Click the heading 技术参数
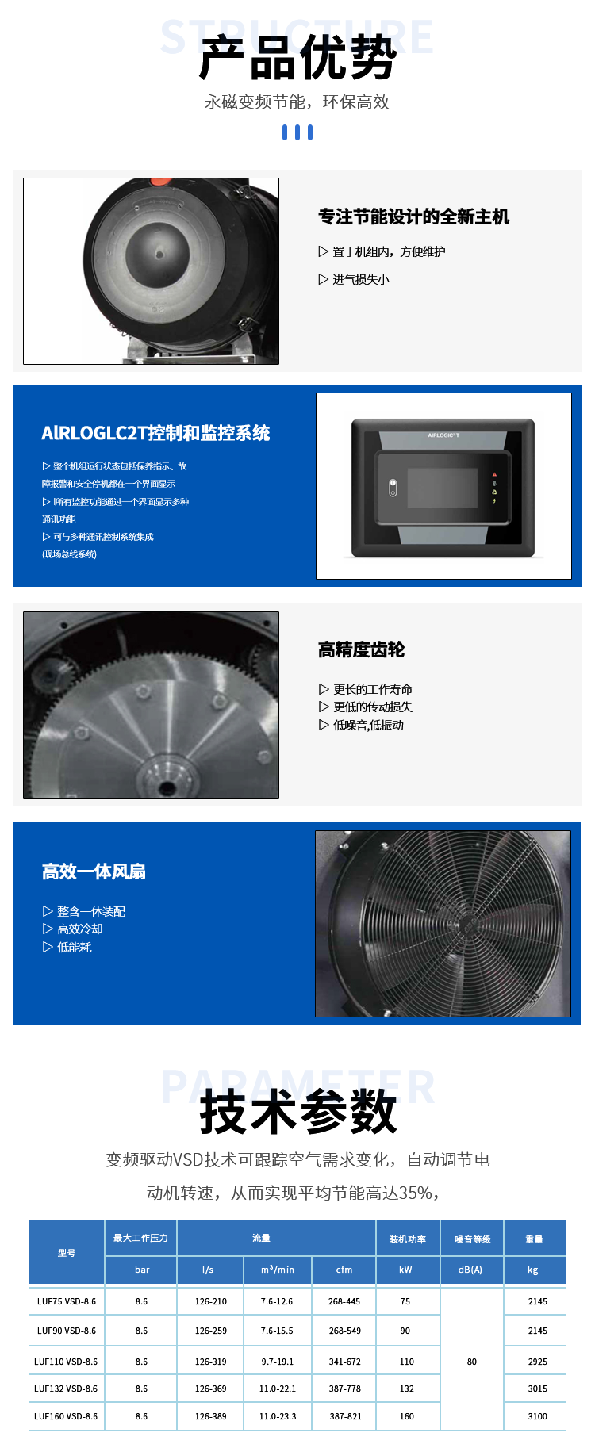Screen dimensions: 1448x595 tap(297, 1112)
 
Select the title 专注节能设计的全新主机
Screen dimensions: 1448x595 tap(413, 216)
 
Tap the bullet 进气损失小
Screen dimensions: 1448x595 tap(360, 279)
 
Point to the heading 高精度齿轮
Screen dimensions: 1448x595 tap(361, 649)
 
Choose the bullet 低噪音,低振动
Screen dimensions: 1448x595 tap(368, 725)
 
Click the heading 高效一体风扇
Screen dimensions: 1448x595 tap(94, 871)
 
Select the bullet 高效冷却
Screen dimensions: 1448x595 tap(79, 929)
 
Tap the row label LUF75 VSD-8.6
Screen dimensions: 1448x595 tap(67, 1301)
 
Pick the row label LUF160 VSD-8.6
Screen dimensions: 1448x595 tap(66, 1416)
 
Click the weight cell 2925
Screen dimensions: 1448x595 tap(537, 1362)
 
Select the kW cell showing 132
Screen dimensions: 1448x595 tap(407, 1389)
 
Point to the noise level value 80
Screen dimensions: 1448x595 tap(472, 1362)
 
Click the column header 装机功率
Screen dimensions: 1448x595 tap(407, 1239)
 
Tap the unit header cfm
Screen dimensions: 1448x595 tap(344, 1270)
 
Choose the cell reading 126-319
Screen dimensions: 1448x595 tap(211, 1362)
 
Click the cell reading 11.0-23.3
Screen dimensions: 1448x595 tap(278, 1416)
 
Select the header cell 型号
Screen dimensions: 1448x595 tap(67, 1253)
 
